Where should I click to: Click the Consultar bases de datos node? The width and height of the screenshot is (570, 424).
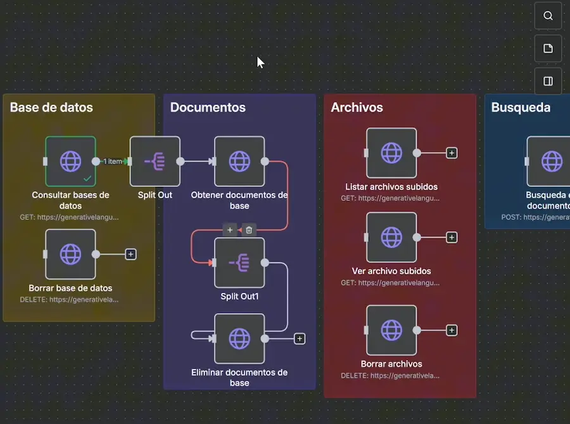pyautogui.click(x=70, y=161)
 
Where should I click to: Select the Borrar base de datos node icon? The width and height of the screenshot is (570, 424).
pyautogui.click(x=70, y=254)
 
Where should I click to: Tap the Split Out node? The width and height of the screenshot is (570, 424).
pyautogui.click(x=155, y=161)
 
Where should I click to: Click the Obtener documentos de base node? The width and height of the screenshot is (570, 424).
pyautogui.click(x=239, y=161)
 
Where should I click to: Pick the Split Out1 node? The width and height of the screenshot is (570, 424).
pyautogui.click(x=239, y=262)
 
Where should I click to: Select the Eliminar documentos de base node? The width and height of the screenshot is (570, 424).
pyautogui.click(x=239, y=338)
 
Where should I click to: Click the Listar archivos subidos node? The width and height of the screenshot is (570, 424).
pyautogui.click(x=391, y=153)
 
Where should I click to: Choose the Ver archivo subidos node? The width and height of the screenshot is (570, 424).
pyautogui.click(x=391, y=237)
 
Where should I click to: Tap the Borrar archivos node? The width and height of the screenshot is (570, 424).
pyautogui.click(x=391, y=330)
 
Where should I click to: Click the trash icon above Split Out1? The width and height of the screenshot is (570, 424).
pyautogui.click(x=249, y=229)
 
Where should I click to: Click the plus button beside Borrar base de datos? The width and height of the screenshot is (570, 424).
pyautogui.click(x=130, y=254)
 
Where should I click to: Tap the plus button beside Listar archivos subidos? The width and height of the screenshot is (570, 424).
pyautogui.click(x=452, y=153)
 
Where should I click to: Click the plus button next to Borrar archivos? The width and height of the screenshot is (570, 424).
pyautogui.click(x=452, y=330)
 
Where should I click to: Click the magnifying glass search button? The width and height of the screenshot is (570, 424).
pyautogui.click(x=548, y=16)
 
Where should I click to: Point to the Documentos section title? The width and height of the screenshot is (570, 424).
pyautogui.click(x=208, y=107)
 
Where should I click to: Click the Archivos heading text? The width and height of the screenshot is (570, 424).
pyautogui.click(x=357, y=107)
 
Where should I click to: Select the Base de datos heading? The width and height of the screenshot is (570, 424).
pyautogui.click(x=51, y=107)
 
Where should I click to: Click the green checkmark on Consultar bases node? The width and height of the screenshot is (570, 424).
pyautogui.click(x=87, y=179)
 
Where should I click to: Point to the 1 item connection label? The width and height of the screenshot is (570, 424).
pyautogui.click(x=112, y=162)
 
